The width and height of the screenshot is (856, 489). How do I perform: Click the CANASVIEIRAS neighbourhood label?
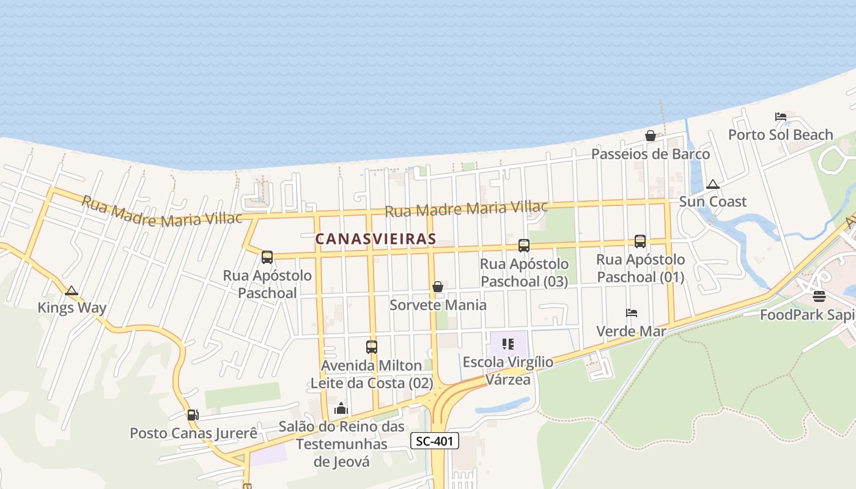pos(375,239)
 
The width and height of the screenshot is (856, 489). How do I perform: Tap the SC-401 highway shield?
pos(434,441)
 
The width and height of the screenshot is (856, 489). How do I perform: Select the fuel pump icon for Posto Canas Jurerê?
pos(193,415)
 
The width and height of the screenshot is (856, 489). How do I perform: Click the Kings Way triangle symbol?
pos(72,290)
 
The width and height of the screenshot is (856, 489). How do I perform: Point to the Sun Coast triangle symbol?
pos(712,184)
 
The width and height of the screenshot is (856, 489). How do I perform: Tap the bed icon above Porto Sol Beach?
pos(780,117)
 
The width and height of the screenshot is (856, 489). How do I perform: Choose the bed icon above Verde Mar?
pos(632,313)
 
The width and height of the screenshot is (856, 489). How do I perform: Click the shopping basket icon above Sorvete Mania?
pos(438,287)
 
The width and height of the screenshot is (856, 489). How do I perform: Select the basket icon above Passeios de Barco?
pos(651,136)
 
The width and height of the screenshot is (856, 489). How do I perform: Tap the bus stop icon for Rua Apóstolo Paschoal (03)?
pos(524,246)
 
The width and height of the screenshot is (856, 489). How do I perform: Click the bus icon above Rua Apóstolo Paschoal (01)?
pos(640,241)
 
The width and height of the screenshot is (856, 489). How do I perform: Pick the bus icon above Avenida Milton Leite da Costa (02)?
pos(372,347)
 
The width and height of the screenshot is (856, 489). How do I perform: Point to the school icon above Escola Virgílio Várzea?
pos(507,344)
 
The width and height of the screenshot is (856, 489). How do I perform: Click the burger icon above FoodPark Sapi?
pos(819,297)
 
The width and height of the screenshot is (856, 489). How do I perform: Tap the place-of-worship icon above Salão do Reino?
pos(341,408)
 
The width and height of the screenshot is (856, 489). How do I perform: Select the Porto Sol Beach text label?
pos(780,134)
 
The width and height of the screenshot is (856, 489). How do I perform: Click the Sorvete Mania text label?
pos(438,304)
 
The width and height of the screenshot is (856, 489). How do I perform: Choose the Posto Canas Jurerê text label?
pos(193,433)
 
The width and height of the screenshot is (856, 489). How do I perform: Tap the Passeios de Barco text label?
pos(651,153)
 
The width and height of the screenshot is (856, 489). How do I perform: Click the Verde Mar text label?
pos(631,331)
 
